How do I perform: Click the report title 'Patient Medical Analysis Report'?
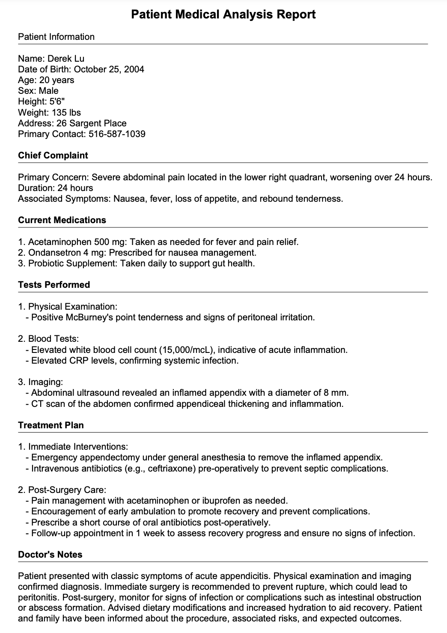click(x=223, y=15)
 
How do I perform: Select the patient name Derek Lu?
click(x=66, y=59)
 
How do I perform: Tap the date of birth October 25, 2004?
click(x=109, y=69)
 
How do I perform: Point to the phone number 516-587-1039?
click(x=117, y=134)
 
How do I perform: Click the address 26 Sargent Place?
click(x=92, y=123)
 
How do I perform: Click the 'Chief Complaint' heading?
click(x=53, y=155)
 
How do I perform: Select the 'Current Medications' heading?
click(x=62, y=220)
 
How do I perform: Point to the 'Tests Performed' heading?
click(x=54, y=285)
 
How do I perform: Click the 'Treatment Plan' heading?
click(x=51, y=425)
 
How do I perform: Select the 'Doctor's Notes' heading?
click(x=50, y=555)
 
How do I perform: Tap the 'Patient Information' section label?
click(x=56, y=37)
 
